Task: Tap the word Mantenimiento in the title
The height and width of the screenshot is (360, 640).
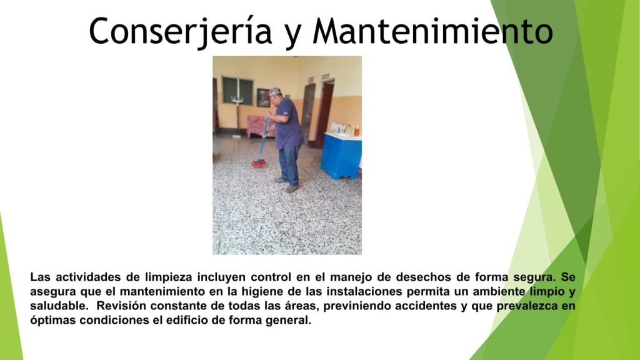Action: click(433, 31)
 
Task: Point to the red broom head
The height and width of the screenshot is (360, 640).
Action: click(258, 163)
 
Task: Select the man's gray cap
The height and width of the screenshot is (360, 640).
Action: click(275, 91)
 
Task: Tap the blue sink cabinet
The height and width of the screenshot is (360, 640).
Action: click(341, 156)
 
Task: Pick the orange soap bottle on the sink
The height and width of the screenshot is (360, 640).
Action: click(356, 131)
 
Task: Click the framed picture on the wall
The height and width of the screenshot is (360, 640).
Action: click(263, 97)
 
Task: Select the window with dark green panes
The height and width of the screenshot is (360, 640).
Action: click(237, 90)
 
